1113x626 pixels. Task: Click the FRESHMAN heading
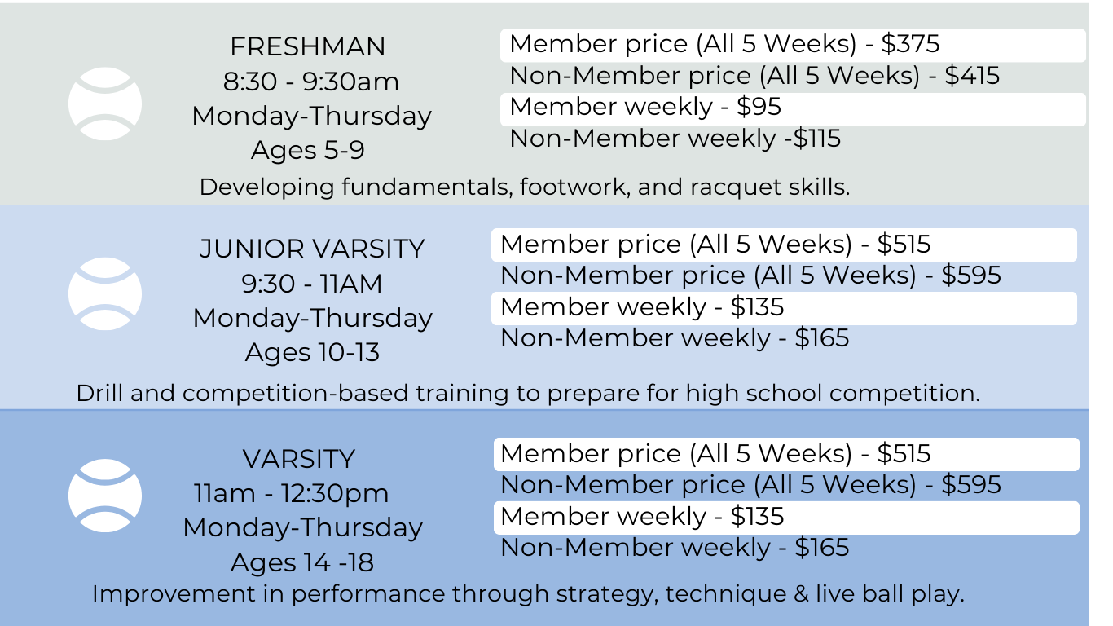[x=307, y=46]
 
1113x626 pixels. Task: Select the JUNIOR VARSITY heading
[x=312, y=249]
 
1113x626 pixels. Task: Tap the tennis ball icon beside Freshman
[x=105, y=104]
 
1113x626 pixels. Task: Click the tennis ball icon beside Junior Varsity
[x=105, y=293]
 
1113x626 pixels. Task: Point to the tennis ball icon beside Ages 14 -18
[x=105, y=496]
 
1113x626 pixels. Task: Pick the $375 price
[x=910, y=44]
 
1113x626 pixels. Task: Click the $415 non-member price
[x=972, y=76]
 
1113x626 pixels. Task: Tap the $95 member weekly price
[x=759, y=107]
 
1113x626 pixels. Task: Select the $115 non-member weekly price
[x=816, y=139]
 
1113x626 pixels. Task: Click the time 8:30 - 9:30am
[x=311, y=82]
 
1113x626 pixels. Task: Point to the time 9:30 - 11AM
[x=312, y=284]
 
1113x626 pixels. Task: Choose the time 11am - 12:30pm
[x=292, y=493]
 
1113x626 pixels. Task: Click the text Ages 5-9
[x=307, y=150]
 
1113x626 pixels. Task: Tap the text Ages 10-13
[x=312, y=353]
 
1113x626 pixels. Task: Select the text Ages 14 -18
[x=302, y=562]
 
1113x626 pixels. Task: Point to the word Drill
[x=99, y=393]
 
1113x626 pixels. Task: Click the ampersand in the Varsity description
[x=801, y=593]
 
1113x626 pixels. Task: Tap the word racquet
[x=733, y=187]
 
